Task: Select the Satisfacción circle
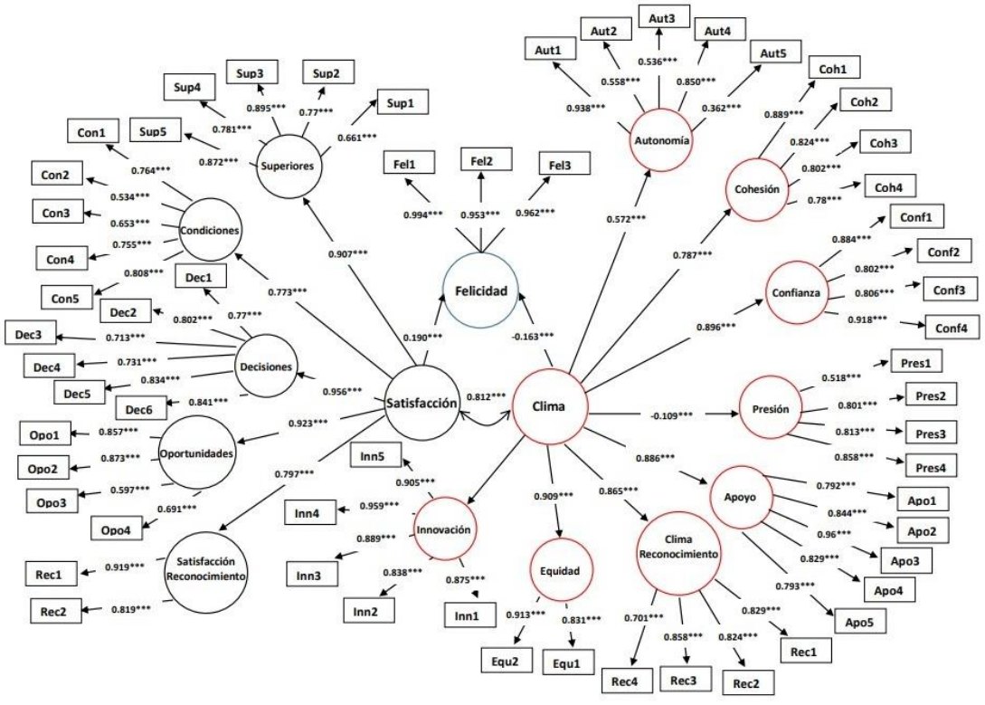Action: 420,405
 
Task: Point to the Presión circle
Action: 770,408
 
